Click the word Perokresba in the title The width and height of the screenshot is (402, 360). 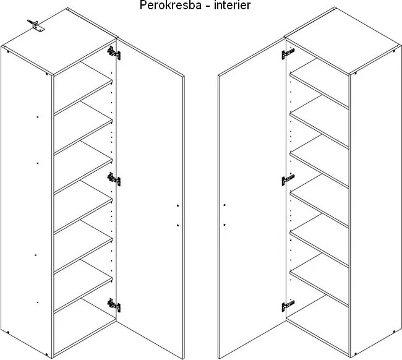coord(171,6)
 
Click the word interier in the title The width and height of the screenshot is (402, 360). coord(233,6)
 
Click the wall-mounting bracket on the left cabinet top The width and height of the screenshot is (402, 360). coord(36,25)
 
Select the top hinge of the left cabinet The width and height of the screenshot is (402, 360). coord(114,53)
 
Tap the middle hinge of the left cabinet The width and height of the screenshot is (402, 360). coord(114,179)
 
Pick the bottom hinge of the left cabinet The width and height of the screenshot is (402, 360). coord(114,305)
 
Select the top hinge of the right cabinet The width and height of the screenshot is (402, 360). coord(288,54)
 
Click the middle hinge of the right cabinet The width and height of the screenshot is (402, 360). coord(288,179)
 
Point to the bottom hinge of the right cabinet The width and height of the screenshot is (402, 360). coord(288,306)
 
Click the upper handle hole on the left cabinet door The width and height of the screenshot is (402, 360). coord(177,205)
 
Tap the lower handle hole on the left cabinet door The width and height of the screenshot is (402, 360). coord(177,225)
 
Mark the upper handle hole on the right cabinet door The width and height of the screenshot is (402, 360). coord(225,205)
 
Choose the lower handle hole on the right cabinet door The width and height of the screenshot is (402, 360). coord(225,225)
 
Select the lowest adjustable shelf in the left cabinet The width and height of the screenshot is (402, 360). coord(83,286)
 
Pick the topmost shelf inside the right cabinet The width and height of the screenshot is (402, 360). coord(320,84)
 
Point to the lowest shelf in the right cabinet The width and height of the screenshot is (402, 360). coord(320,281)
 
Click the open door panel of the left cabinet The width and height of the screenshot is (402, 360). coord(150,198)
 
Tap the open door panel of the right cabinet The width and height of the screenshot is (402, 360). coord(252,198)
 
